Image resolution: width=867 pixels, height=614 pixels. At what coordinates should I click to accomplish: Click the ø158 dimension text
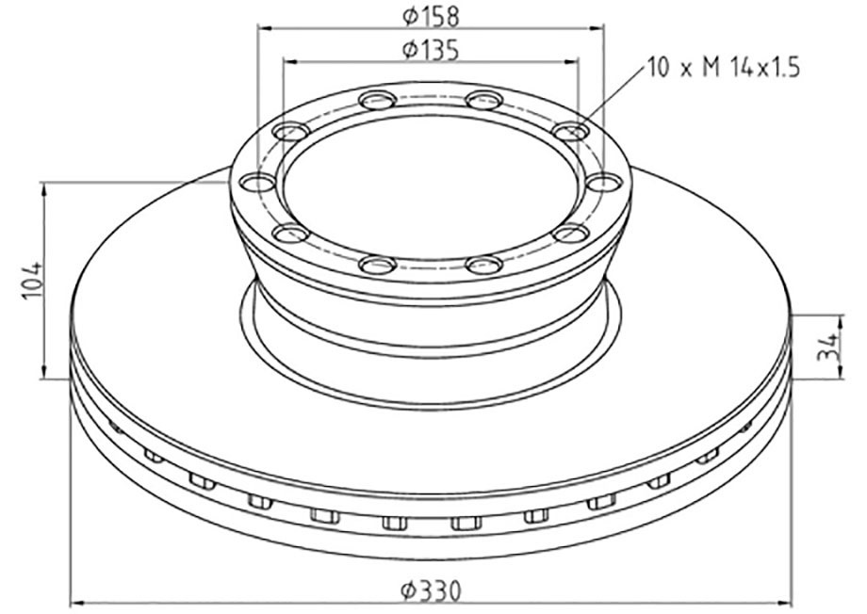pos(430,16)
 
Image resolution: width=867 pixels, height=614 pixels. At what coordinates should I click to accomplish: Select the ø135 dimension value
pos(430,50)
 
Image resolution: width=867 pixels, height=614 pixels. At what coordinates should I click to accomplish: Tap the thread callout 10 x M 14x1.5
pos(723,68)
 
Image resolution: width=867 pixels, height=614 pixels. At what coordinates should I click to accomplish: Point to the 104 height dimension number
pos(32,281)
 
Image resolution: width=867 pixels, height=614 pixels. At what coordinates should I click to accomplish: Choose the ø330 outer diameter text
pos(431,591)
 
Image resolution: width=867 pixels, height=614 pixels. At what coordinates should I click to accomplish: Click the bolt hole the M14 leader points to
pos(568,132)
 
